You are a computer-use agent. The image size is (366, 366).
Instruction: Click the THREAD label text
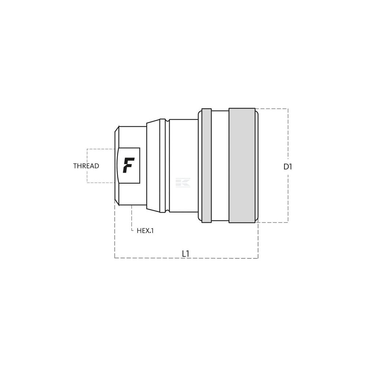point(86,166)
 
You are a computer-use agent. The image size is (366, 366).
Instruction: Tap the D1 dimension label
point(288,167)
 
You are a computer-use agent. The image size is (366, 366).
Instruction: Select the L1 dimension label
point(186,254)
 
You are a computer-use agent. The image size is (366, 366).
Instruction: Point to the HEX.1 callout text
point(145,231)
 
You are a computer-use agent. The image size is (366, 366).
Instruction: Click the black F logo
point(128,165)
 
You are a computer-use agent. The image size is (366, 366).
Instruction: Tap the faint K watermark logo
point(183,183)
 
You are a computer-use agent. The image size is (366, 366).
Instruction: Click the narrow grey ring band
point(206,165)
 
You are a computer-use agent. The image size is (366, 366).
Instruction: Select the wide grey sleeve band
point(242,165)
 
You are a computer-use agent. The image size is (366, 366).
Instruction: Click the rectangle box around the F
point(140,165)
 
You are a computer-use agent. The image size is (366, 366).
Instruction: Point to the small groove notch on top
point(167,120)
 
